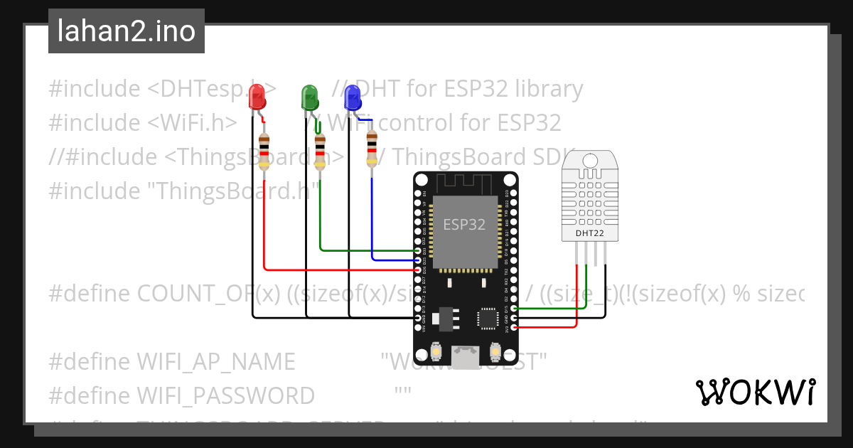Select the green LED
(310, 97)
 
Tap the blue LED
(353, 97)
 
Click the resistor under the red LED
(264, 151)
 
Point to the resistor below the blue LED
(371, 149)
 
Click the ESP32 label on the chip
(464, 225)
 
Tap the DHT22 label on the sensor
(590, 233)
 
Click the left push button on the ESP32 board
(436, 352)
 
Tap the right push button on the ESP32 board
(496, 352)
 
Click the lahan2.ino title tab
(127, 31)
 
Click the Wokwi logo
(755, 392)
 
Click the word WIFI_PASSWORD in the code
(225, 395)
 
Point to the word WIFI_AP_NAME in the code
(215, 361)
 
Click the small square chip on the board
(488, 318)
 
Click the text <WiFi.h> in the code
(192, 122)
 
